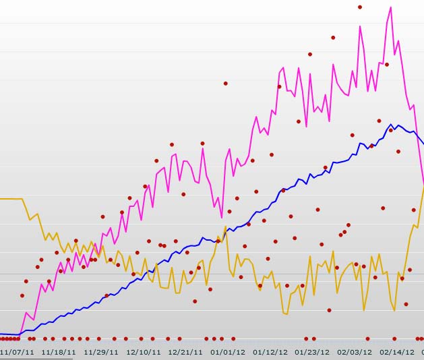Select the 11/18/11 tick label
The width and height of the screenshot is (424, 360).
click(x=58, y=351)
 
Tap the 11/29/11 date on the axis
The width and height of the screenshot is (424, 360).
click(x=101, y=351)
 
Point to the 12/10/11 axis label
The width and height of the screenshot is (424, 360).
click(x=144, y=351)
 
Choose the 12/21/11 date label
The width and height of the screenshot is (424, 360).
click(x=185, y=351)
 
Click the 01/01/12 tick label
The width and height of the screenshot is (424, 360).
click(x=228, y=351)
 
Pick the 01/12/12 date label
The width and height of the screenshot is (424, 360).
click(x=270, y=351)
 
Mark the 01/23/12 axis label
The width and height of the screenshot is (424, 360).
click(x=312, y=351)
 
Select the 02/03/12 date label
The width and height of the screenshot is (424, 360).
click(x=355, y=351)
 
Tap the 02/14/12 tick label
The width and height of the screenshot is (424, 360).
click(x=397, y=351)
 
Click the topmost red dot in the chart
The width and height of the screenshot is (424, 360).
click(x=360, y=7)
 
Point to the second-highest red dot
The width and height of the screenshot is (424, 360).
click(x=333, y=37)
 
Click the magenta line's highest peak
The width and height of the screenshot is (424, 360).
click(x=391, y=7)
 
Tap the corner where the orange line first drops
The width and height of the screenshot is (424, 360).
click(x=23, y=199)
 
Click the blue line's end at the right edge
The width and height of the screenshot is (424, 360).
click(x=423, y=144)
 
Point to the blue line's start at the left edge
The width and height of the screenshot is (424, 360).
click(x=1, y=334)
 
